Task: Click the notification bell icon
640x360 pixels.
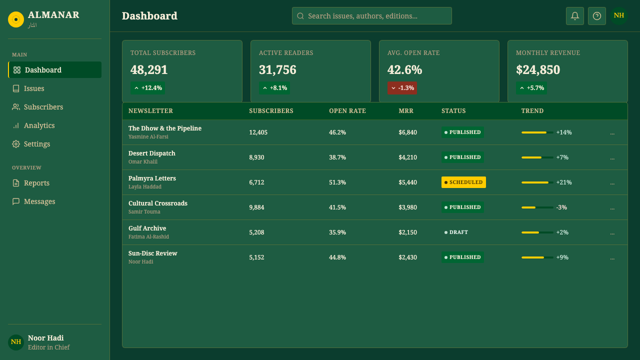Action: tap(575, 16)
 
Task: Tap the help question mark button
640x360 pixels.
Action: tap(597, 16)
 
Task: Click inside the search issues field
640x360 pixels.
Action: tap(371, 15)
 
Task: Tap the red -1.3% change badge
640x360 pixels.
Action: tap(402, 88)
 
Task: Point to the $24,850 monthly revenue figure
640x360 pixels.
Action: tap(537, 69)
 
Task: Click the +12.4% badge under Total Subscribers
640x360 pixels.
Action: tap(147, 88)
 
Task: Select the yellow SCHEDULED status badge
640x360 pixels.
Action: tap(463, 182)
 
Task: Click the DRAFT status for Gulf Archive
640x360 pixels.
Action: tap(456, 232)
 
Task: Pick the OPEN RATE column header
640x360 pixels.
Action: tap(347, 111)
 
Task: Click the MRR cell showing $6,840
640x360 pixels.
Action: tap(407, 132)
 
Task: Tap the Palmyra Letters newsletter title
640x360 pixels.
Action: tap(152, 178)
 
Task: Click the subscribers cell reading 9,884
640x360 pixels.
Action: tap(256, 207)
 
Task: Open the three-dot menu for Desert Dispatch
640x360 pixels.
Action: tap(612, 157)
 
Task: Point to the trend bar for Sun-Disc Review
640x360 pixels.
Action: tap(537, 257)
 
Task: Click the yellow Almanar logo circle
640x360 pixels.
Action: tap(16, 19)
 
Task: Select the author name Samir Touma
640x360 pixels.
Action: tap(144, 211)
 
